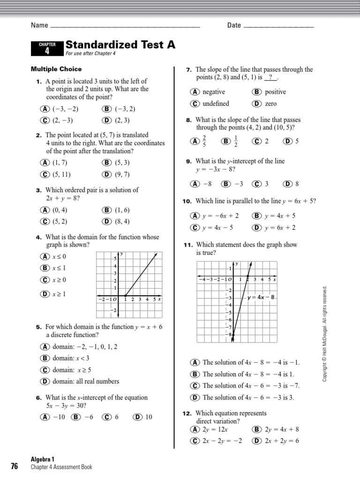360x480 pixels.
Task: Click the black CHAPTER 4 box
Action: pos(47,48)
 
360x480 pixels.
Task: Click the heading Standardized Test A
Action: pos(120,45)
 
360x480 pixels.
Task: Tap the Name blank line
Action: pos(124,26)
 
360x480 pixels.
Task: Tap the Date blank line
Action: pos(279,26)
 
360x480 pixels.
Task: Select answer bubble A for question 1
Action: pos(45,109)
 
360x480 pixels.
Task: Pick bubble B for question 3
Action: pos(106,210)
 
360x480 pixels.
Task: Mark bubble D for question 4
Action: pos(45,294)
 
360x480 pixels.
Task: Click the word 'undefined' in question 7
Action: pos(216,104)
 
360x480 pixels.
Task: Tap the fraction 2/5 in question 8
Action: pos(204,141)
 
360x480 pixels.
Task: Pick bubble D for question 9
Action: pos(287,184)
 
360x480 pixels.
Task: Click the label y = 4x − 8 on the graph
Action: pos(261,297)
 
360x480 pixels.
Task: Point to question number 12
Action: pos(187,413)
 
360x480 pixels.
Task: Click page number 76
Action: pos(14,466)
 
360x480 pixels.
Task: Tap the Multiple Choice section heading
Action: pos(56,69)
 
